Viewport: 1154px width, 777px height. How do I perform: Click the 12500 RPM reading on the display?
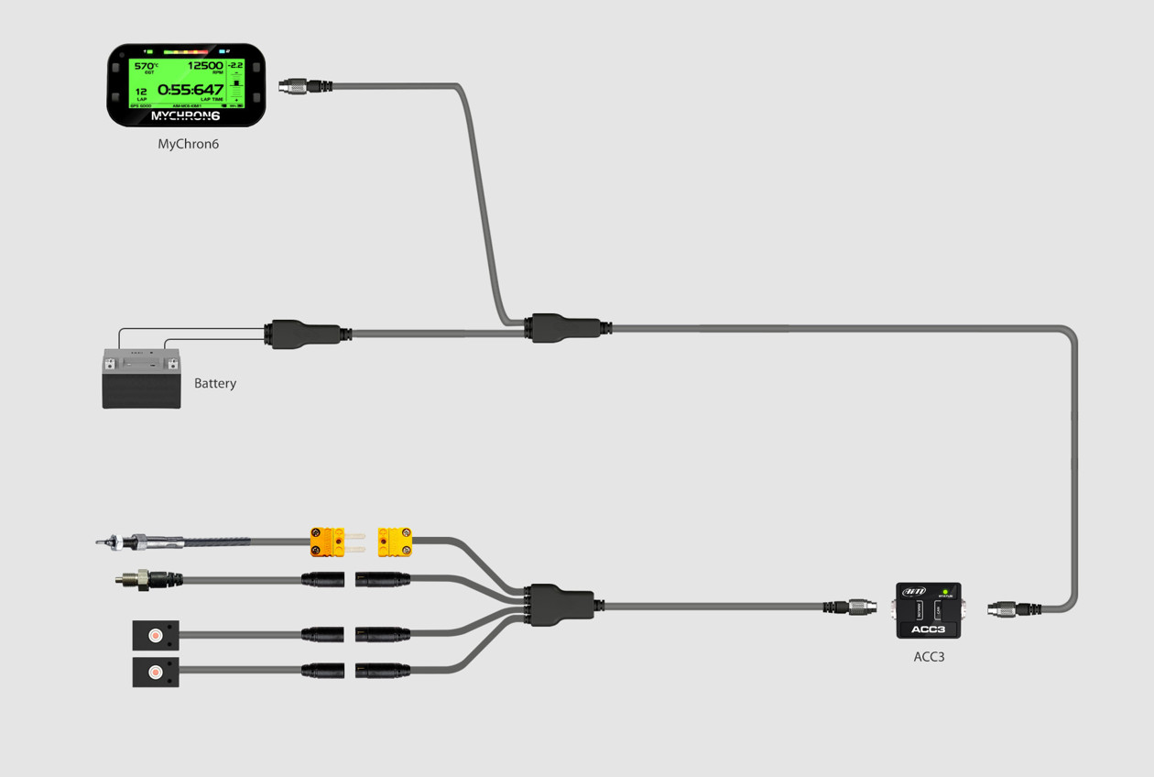[x=205, y=66]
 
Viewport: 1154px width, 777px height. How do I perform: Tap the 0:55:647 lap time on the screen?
[x=191, y=90]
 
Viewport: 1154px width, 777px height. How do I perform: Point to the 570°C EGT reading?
[x=145, y=66]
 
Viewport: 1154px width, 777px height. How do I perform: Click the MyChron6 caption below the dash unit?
[x=188, y=144]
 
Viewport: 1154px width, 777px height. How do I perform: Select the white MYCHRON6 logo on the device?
[x=186, y=116]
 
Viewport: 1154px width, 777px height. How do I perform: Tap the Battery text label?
[x=215, y=383]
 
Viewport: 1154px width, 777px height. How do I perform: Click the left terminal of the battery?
[x=111, y=364]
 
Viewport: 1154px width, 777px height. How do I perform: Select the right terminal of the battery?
[x=171, y=364]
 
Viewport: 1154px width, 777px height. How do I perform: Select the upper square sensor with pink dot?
[x=155, y=635]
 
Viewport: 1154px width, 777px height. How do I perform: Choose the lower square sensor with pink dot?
[x=155, y=672]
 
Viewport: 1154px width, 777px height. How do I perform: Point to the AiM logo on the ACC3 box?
[x=914, y=592]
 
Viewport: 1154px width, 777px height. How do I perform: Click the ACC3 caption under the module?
[x=929, y=656]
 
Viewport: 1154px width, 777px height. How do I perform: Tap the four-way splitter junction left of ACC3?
[x=561, y=606]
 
